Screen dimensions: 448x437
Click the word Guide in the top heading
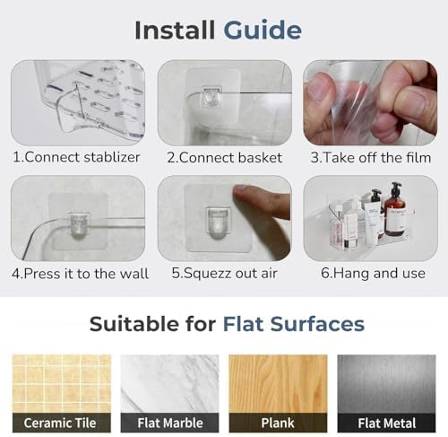click(x=263, y=31)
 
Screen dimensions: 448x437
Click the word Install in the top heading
click(x=175, y=30)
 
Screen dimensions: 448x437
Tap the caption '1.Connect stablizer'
click(x=76, y=157)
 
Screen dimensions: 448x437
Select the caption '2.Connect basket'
click(x=224, y=158)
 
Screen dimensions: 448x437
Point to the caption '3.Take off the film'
click(x=371, y=158)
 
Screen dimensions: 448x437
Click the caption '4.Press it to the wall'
click(x=80, y=274)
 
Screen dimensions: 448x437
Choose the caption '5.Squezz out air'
click(x=224, y=274)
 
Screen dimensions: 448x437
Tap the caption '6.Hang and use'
click(x=373, y=273)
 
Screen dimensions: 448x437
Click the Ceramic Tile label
click(x=60, y=423)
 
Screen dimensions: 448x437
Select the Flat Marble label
click(x=170, y=423)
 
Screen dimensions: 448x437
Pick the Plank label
click(x=278, y=423)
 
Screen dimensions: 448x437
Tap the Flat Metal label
click(x=387, y=424)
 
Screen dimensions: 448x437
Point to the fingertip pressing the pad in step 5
click(x=241, y=191)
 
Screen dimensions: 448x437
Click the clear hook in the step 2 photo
click(x=211, y=97)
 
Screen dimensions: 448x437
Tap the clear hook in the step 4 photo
click(x=78, y=226)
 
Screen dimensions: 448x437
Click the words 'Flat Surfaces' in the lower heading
click(x=294, y=324)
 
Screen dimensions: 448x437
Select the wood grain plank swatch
click(x=278, y=384)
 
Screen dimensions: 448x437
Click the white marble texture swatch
click(x=169, y=384)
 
